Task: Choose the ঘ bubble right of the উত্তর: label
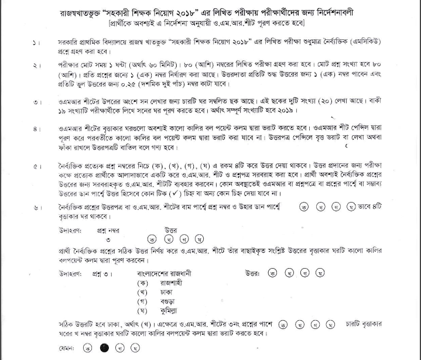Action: pos(314,273)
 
